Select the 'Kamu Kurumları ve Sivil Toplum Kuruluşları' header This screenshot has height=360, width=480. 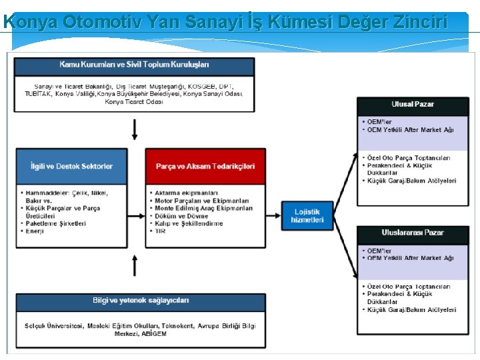[x=134, y=65]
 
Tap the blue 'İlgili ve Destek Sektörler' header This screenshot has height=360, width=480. [x=71, y=166]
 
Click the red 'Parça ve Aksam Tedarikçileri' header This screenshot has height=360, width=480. [x=201, y=166]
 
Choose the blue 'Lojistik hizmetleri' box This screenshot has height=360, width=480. [x=307, y=215]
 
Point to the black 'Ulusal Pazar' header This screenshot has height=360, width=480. [x=413, y=105]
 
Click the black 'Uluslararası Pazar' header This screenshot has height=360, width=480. [x=413, y=233]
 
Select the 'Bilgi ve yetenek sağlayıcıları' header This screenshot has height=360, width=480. [x=141, y=301]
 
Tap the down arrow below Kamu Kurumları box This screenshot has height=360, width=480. [x=135, y=129]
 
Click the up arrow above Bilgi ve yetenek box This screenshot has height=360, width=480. [x=135, y=265]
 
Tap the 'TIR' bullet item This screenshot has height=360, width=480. [x=160, y=232]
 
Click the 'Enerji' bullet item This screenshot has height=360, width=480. [x=35, y=231]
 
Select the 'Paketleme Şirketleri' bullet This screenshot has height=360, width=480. [x=56, y=223]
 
